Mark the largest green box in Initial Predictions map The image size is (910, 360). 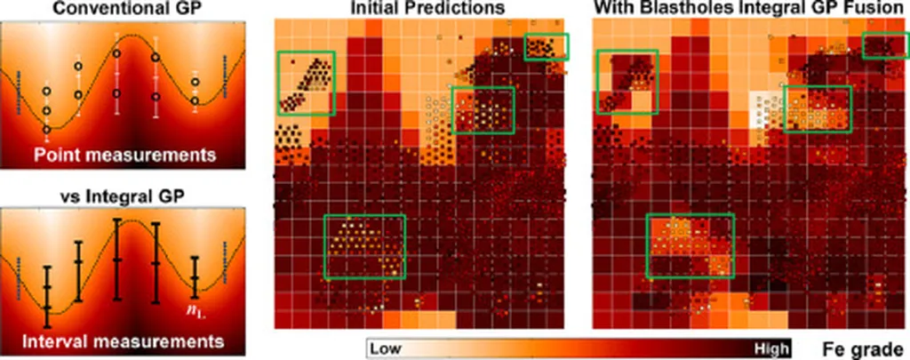365,247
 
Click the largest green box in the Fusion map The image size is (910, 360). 690,245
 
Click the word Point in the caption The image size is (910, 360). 60,156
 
